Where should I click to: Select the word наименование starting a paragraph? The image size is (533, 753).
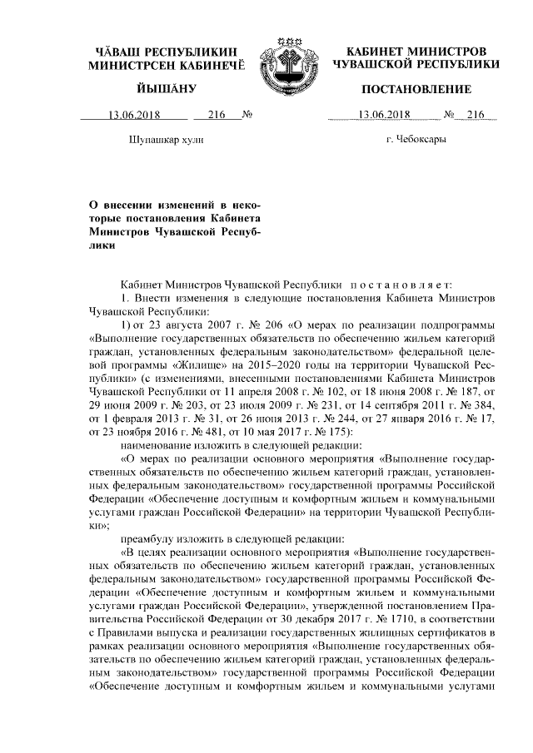coord(155,438)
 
